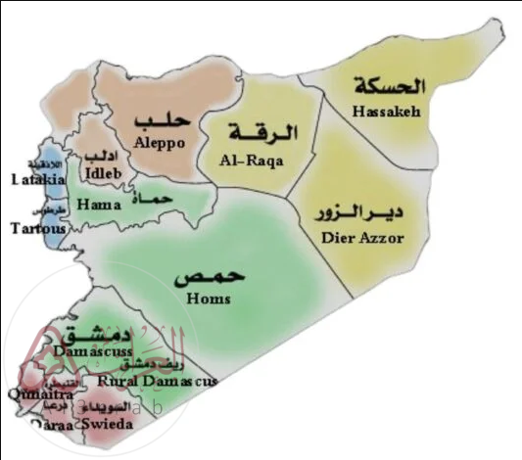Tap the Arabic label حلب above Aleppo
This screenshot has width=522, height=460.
[160, 121]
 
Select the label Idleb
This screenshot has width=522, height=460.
[104, 173]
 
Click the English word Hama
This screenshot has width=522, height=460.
[100, 206]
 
